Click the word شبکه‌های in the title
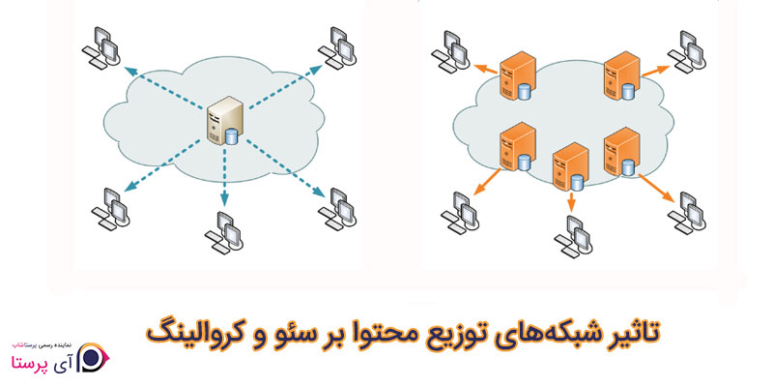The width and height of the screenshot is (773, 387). coord(544,331)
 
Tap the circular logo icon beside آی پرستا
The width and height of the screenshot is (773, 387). coord(91,355)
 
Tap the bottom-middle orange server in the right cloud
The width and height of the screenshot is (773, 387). coord(568,170)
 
